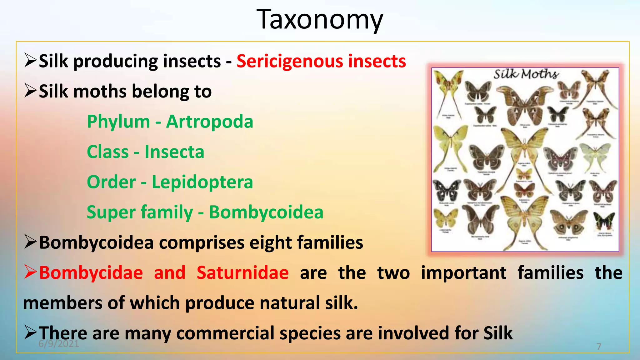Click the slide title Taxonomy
pos(320,19)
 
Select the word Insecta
pos(174,152)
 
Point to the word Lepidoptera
pos(202,182)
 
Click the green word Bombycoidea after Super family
pos(266,212)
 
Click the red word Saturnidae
pos(242,272)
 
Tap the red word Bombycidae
pos(91,272)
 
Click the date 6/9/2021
pos(59,344)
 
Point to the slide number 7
pos(599,347)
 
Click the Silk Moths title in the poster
pos(526,74)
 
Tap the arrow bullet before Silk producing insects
pos(30,60)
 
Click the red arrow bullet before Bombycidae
pos(30,272)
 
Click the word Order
pos(111,182)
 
